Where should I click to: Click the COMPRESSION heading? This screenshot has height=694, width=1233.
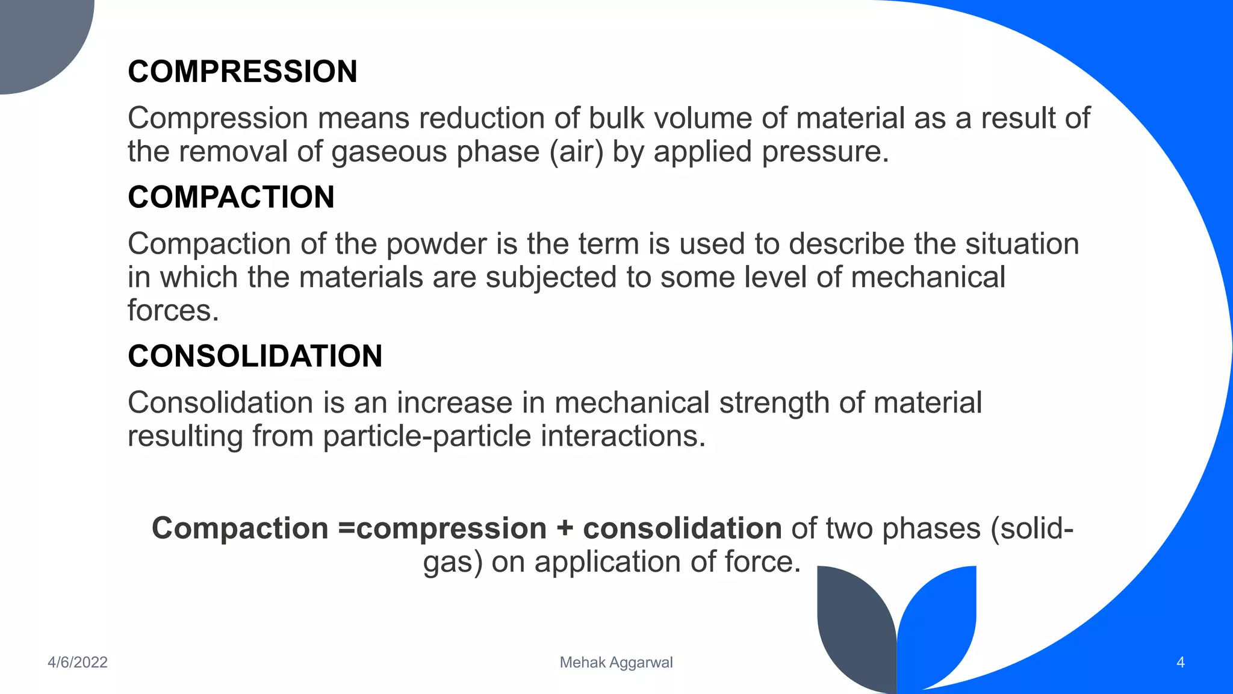point(243,72)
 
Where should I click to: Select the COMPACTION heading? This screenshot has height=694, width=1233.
point(231,197)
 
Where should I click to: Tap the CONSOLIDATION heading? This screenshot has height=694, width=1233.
point(255,356)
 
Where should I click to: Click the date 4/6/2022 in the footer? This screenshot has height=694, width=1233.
point(78,662)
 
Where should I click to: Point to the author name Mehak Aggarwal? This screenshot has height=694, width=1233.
point(616,662)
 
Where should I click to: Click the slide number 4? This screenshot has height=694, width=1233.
point(1180,662)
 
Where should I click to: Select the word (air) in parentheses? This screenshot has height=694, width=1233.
point(576,151)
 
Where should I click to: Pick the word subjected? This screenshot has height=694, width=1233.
point(551,278)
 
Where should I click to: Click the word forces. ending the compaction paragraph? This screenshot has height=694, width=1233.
point(173,311)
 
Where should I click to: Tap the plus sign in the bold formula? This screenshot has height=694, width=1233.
point(565,528)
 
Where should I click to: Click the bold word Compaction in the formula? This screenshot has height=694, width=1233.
point(240,528)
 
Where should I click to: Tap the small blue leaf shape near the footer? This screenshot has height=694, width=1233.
point(939,621)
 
